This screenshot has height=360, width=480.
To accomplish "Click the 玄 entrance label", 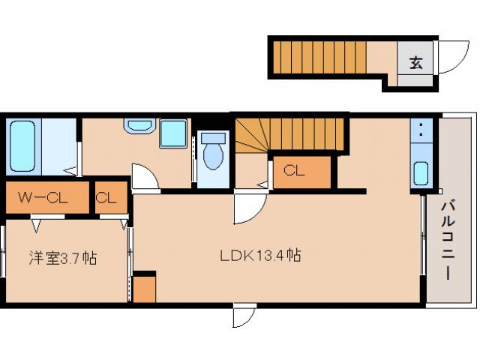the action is pos(416,62).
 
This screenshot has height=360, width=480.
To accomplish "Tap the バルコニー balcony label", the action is pos(447,240).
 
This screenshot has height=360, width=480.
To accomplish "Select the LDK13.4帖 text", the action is pos(260,255).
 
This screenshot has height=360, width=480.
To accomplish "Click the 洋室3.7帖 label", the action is pos(63,258).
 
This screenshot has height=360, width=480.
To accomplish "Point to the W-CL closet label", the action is pos(43,197).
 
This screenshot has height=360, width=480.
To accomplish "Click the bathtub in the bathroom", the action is pos(22,146).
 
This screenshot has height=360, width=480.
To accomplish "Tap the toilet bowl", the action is pos(213,151).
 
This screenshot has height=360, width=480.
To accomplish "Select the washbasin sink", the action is pos(139,126).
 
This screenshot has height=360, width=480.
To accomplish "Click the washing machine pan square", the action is pos(173,133).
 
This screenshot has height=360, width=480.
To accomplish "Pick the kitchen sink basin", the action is pos(421,173).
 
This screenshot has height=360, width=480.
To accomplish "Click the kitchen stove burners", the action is pos(421,130).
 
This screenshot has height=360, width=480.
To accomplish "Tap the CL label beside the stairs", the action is pos(294,170).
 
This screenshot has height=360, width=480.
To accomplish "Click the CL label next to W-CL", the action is pos(106,198).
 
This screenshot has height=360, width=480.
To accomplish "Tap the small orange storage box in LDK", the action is pos(145,289).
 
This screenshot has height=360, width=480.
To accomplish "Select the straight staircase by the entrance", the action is pos(320,58).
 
